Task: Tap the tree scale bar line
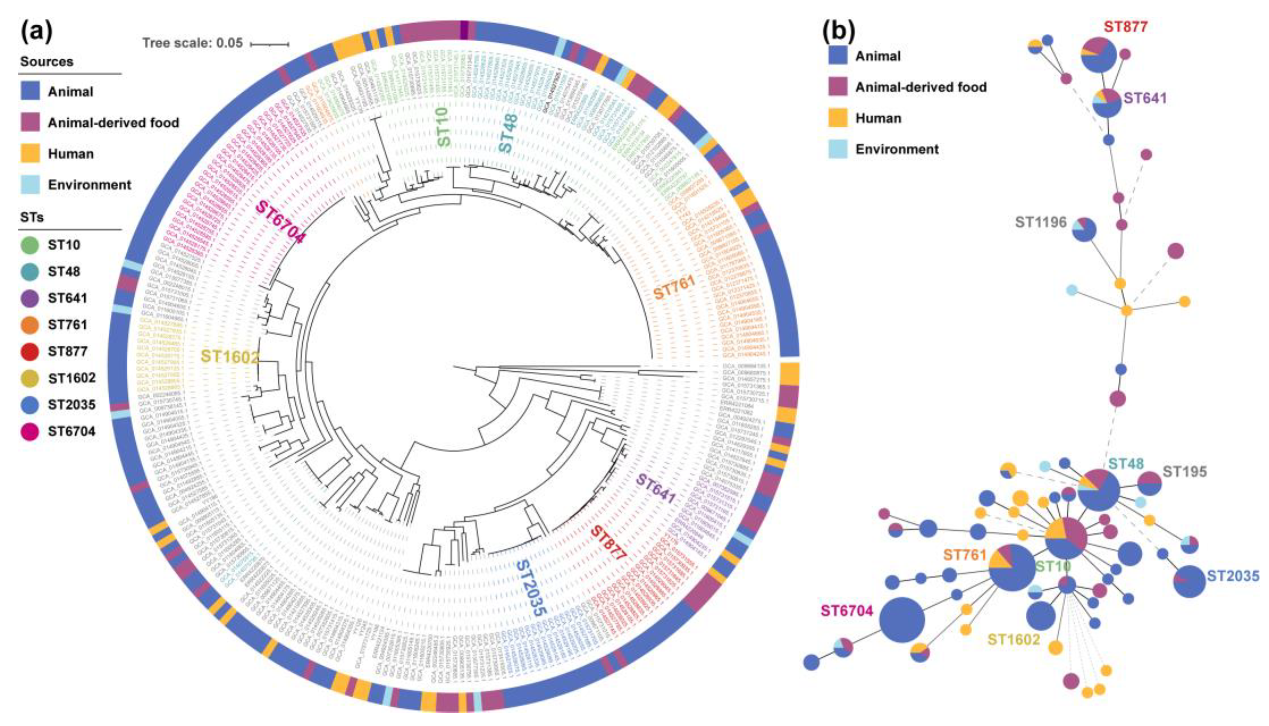click(269, 44)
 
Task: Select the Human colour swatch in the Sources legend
click(30, 154)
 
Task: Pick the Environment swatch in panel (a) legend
click(30, 185)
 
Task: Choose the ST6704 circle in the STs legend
click(30, 431)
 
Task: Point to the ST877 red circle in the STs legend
click(30, 352)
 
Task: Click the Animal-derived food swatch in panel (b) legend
click(838, 87)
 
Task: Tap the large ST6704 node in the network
click(901, 620)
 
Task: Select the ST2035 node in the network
click(1189, 581)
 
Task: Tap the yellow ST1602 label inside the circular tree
click(230, 357)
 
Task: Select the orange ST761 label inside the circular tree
click(674, 288)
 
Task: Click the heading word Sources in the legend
click(47, 61)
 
